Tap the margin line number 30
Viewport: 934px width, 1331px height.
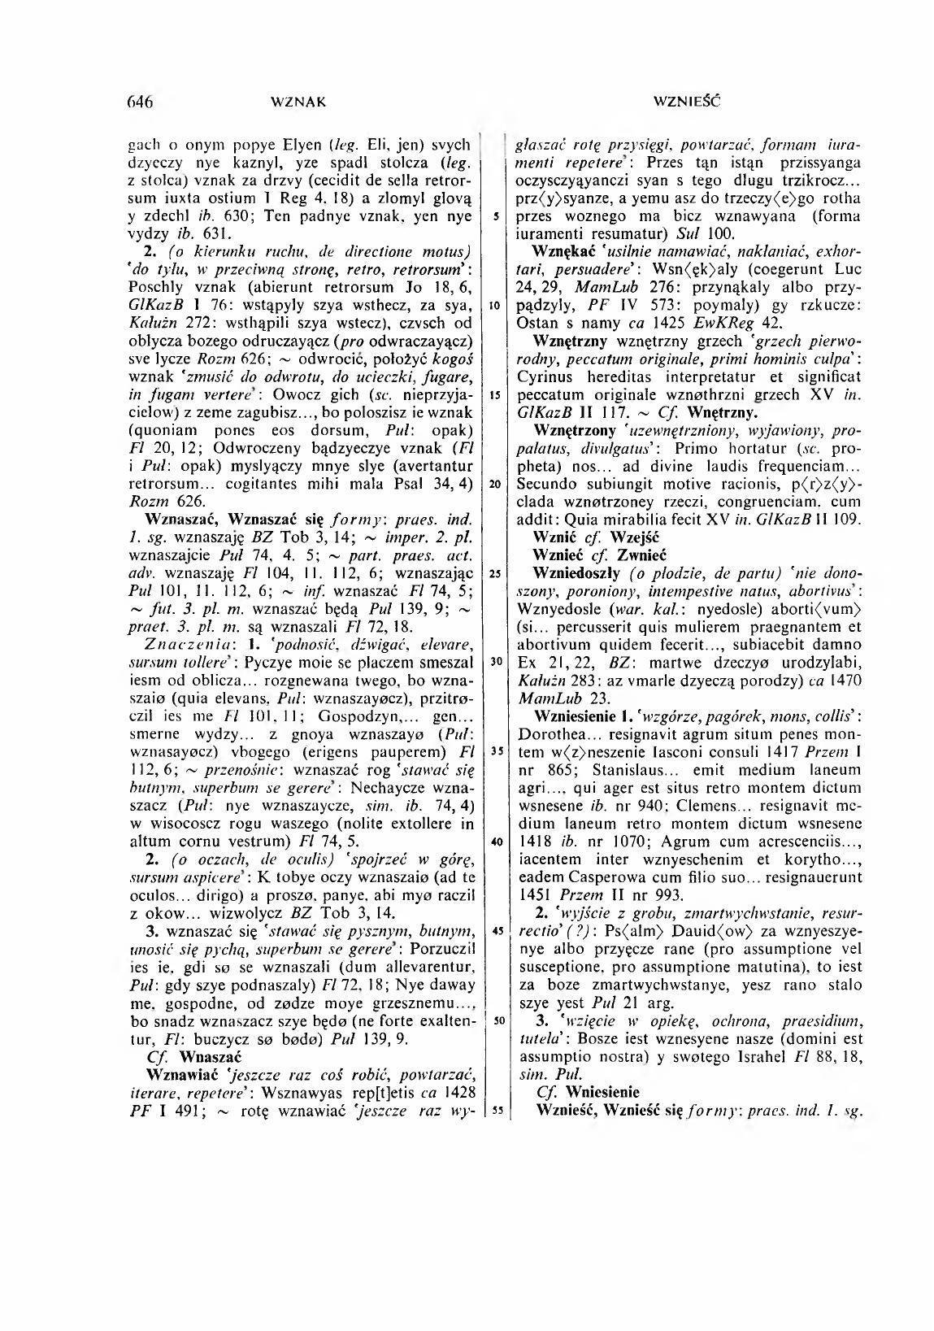pos(494,661)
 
